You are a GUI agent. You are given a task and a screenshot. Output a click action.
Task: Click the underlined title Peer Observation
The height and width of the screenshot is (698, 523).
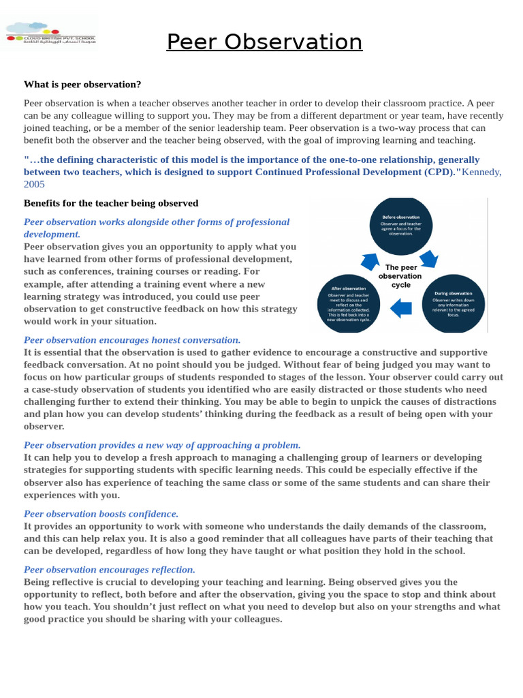pos(264,42)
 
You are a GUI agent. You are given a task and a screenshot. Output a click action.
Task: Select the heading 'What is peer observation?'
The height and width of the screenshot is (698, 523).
pos(82,85)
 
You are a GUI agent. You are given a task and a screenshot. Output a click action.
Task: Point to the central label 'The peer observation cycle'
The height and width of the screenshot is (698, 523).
pos(400,276)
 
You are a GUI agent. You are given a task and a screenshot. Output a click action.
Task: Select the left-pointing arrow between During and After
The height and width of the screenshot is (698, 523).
pos(401,308)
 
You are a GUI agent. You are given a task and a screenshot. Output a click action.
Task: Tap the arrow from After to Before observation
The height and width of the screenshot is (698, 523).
pos(369,261)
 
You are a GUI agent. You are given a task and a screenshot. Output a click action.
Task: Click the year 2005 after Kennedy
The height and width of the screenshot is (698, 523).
pos(34,184)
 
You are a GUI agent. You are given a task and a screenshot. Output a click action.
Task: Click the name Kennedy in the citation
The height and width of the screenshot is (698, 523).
pos(481,172)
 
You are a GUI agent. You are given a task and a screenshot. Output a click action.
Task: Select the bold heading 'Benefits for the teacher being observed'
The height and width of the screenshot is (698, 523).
pos(111,203)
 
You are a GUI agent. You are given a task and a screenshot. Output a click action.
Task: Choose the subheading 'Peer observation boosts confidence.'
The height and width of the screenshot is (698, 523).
pos(101,514)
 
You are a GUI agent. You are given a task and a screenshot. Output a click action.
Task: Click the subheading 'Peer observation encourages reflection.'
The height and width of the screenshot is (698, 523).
pos(110,569)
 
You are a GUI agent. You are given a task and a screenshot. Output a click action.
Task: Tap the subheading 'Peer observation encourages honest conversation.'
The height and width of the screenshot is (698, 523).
pos(132,339)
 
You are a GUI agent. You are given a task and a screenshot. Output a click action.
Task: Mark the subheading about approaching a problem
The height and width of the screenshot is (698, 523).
pos(162,445)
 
